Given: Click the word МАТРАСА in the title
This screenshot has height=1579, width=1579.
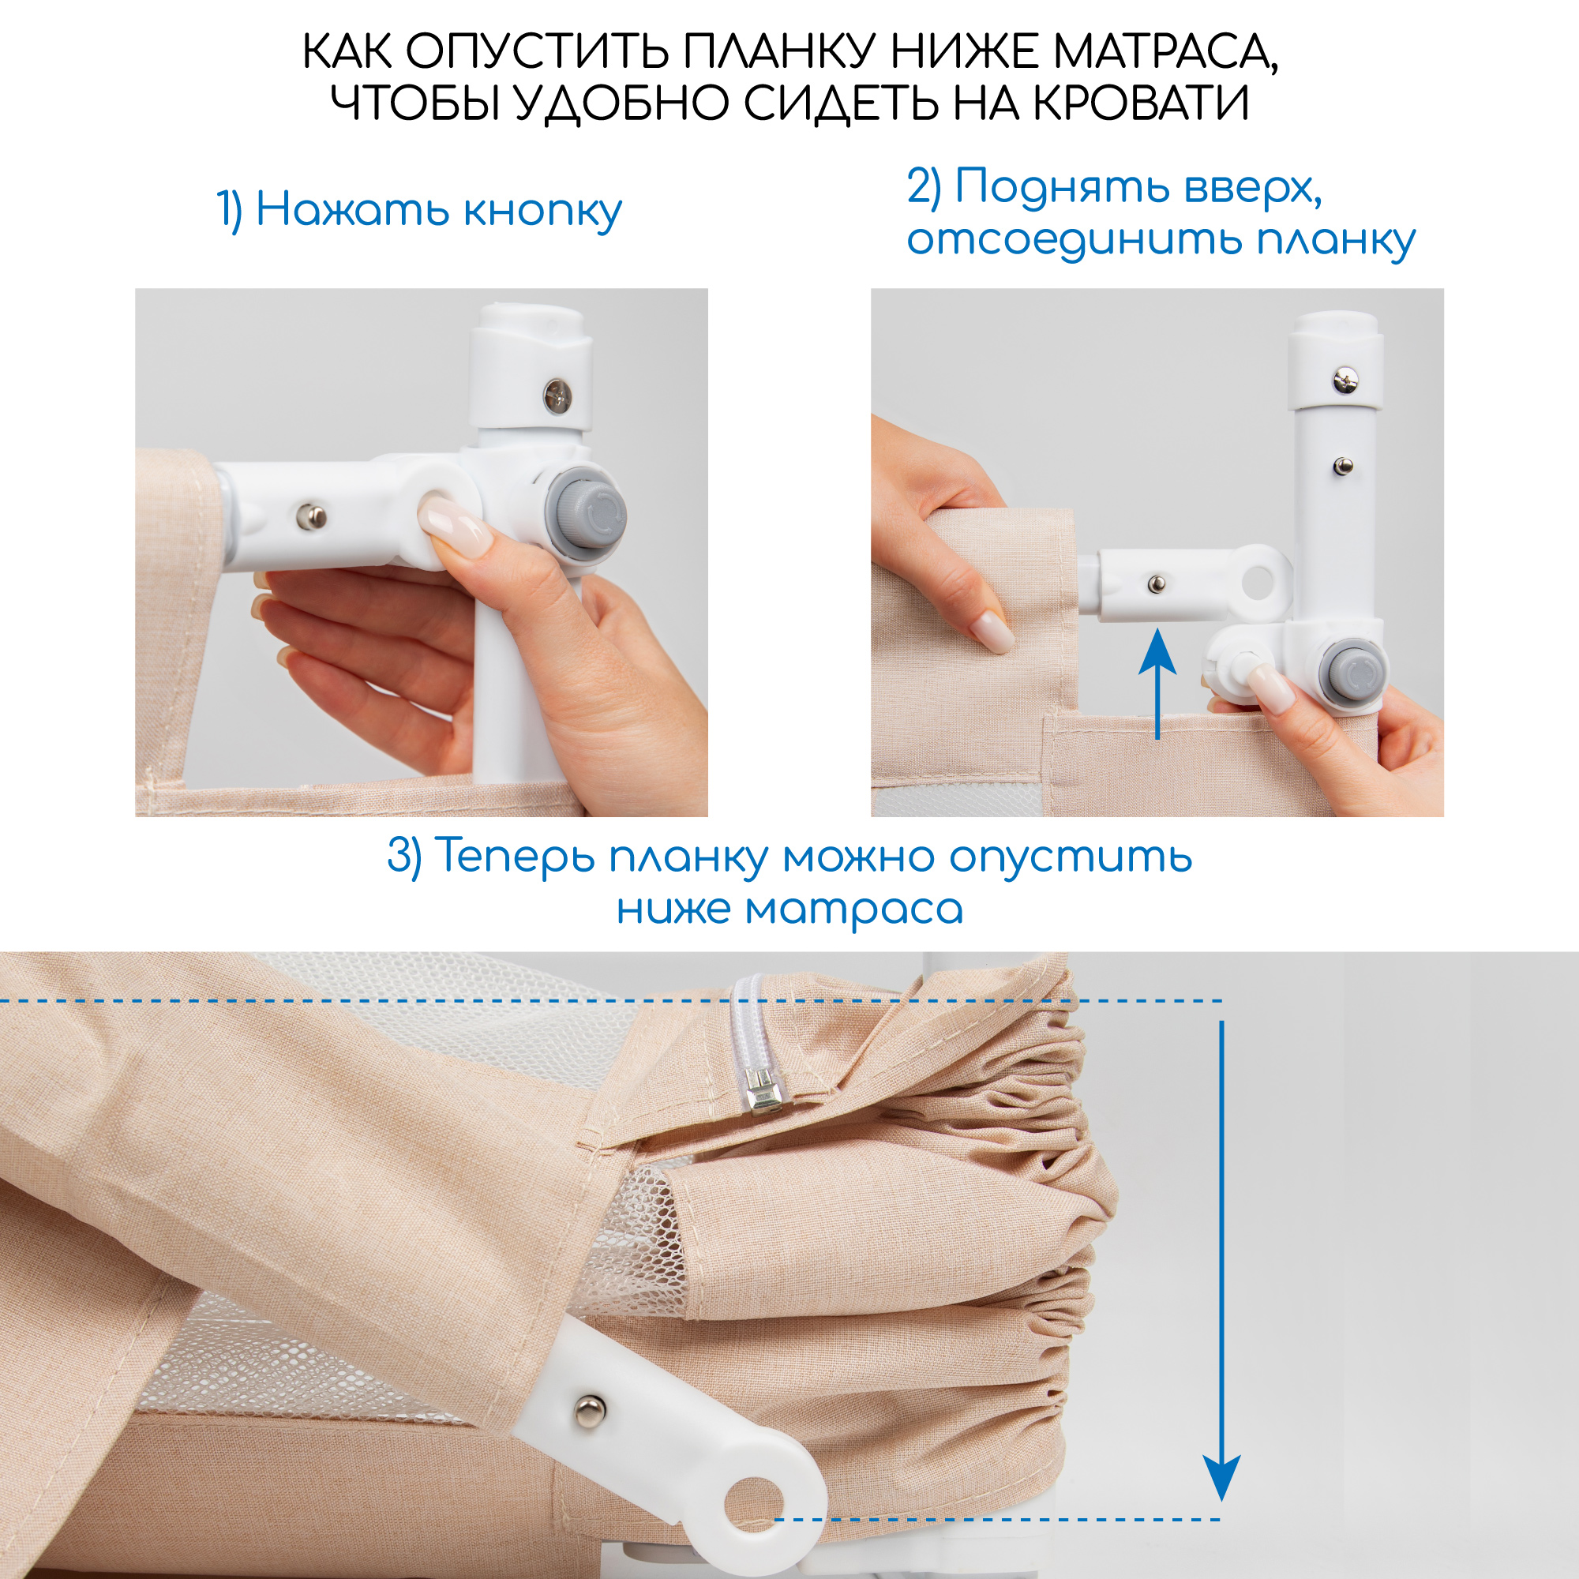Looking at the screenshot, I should click(x=1164, y=52).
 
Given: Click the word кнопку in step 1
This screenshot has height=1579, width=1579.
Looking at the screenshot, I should click(x=542, y=211).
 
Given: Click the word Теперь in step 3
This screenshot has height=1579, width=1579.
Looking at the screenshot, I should click(x=515, y=857).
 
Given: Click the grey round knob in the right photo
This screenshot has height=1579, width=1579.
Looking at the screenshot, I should click(x=1355, y=673).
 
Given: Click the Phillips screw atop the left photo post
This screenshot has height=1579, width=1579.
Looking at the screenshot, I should click(x=558, y=396).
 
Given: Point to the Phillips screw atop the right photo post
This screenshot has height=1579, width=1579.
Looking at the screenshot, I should click(x=1345, y=380).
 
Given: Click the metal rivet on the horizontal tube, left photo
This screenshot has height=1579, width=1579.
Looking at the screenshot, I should click(x=310, y=516).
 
